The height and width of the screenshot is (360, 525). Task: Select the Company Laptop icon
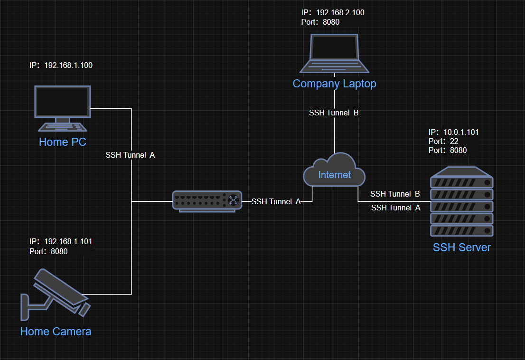334,53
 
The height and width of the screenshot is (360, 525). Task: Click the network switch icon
206,201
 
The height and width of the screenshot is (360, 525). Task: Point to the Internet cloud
335,173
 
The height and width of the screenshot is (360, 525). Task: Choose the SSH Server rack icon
461,202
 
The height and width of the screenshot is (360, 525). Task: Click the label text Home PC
63,142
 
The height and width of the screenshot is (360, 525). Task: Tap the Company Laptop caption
334,84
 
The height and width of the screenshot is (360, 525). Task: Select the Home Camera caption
56,331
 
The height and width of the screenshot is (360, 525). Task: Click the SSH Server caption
461,247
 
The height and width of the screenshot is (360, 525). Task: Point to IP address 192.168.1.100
68,65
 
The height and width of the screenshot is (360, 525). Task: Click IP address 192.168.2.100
340,13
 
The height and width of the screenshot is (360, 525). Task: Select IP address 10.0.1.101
460,132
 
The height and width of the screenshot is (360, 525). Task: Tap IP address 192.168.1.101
68,241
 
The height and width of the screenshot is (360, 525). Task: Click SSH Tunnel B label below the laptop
334,113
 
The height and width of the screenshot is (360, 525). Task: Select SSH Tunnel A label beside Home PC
130,155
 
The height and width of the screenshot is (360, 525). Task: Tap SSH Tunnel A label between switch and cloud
276,201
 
